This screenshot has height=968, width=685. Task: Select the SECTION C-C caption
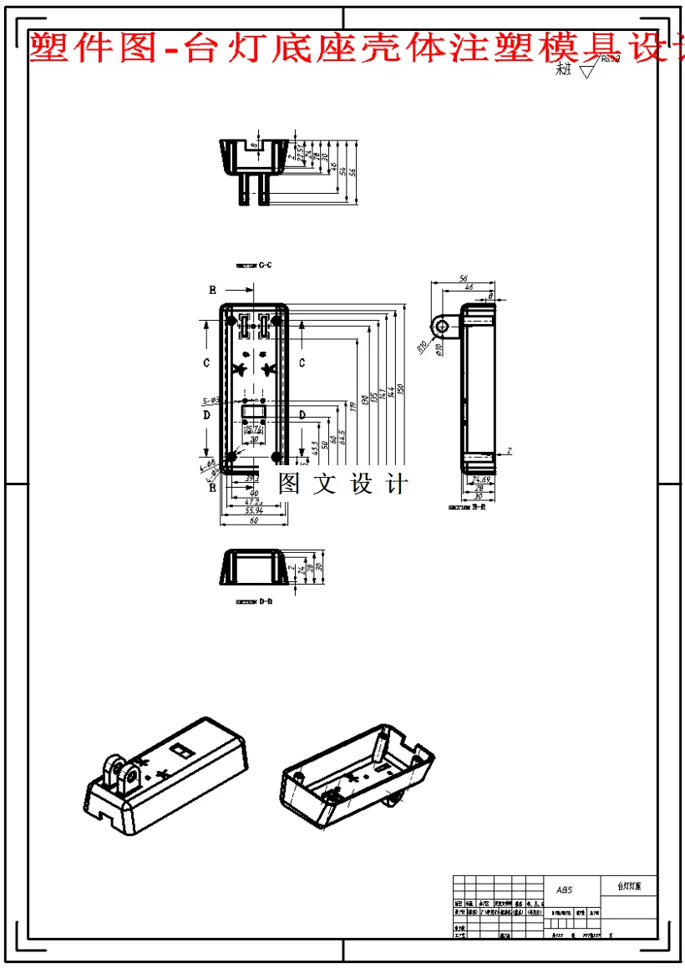[254, 266]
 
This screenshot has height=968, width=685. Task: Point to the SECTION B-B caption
[468, 507]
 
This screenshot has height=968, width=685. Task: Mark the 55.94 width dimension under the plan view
[253, 509]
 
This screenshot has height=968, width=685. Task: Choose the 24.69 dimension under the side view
[480, 479]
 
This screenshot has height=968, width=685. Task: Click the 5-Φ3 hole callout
[211, 401]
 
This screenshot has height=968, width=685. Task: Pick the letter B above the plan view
[213, 290]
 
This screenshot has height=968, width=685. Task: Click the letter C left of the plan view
[206, 362]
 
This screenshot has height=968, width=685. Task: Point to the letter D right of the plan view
[301, 415]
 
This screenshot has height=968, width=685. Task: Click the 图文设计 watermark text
[342, 484]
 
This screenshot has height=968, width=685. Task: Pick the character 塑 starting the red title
[48, 48]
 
